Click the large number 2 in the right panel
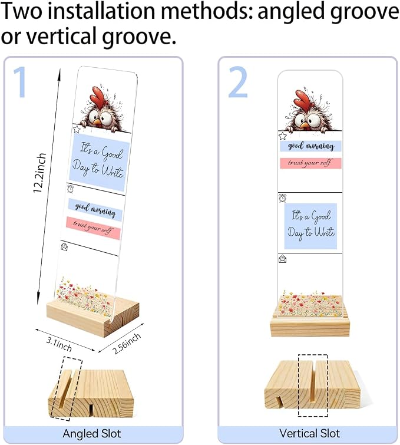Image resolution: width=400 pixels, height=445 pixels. point(238,82)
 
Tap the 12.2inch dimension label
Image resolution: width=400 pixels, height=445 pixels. point(39,173)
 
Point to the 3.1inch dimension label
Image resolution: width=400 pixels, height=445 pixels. point(59,344)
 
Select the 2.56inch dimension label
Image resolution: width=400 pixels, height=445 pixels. point(127,344)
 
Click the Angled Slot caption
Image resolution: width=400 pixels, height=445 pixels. point(92,434)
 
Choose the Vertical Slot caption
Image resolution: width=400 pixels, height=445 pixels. point(309,433)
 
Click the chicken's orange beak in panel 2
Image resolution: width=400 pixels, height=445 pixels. point(305,125)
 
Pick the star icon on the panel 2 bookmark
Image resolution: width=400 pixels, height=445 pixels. point(282,136)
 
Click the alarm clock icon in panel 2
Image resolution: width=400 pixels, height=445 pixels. point(282,198)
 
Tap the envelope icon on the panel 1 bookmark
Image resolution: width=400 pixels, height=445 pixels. point(64,246)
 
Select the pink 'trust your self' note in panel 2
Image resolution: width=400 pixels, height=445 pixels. point(310,163)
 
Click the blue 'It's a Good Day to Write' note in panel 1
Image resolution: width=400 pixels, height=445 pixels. point(99,163)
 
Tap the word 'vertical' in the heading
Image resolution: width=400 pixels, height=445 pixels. point(62,37)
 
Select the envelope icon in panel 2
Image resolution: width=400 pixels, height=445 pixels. point(283,259)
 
